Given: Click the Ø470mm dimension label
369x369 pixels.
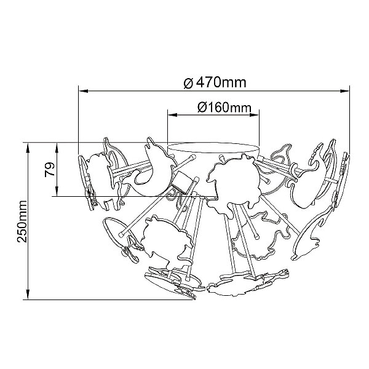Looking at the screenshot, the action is (215, 82).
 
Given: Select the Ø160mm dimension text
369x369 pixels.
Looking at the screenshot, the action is (224, 108).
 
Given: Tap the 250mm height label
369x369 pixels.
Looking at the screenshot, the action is (22, 221).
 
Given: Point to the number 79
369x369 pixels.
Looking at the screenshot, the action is (50, 170).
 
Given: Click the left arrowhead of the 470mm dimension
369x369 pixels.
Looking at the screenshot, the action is (83, 91).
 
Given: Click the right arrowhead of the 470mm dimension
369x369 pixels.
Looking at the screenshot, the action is (344, 91).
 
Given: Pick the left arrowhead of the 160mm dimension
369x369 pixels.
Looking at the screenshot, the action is (172, 115).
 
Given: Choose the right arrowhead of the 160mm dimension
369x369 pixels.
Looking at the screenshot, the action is (254, 115).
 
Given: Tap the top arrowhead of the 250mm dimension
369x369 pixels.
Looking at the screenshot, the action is (28, 148).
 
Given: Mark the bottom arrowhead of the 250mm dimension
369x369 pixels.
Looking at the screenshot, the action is (28, 295).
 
